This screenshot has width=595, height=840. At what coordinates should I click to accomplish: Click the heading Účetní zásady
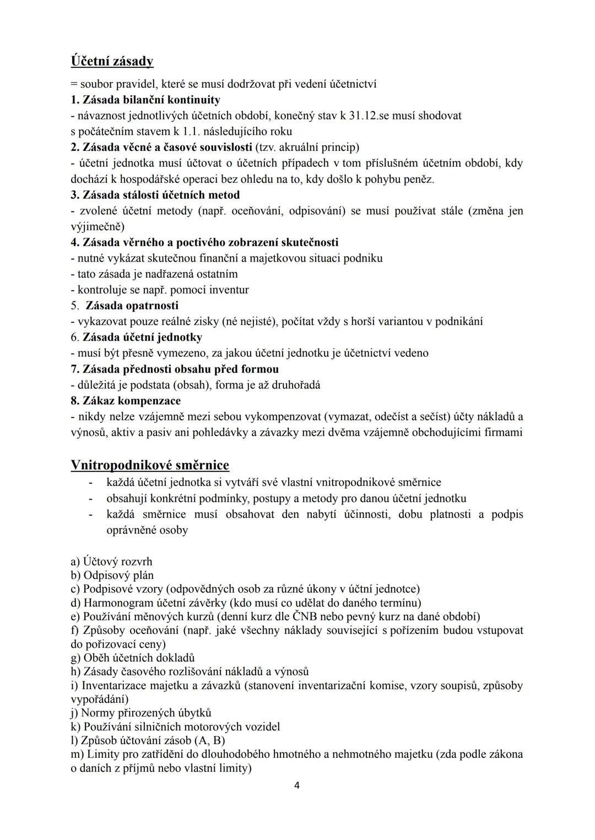tap(112, 61)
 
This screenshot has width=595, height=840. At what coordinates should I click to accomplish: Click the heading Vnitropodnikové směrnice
tap(150, 465)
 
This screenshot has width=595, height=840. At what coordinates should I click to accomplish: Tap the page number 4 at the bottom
tap(297, 785)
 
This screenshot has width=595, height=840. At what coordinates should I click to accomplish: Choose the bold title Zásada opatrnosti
tap(132, 305)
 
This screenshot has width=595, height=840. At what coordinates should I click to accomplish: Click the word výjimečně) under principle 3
tap(98, 226)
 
